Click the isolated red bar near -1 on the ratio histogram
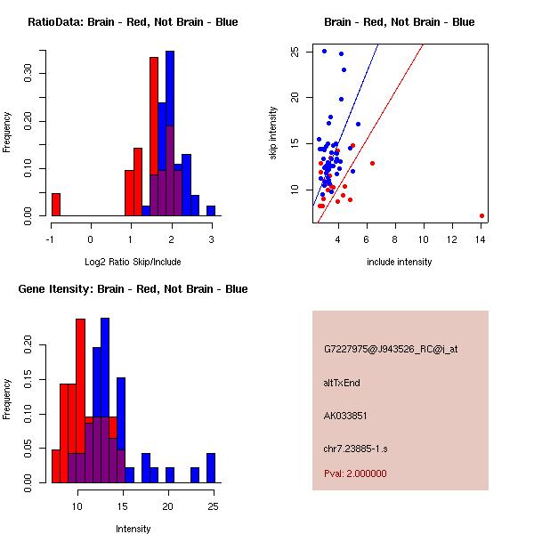tap(56, 204)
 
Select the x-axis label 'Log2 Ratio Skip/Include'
tap(133, 262)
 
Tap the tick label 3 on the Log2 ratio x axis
tap(211, 238)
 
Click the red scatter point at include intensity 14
tap(481, 215)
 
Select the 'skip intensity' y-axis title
tap(273, 133)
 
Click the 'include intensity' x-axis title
tap(400, 262)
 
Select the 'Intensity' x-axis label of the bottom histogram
tap(133, 529)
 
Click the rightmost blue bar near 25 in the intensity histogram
tap(211, 467)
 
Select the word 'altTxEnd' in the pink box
tap(342, 383)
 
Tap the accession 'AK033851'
tap(346, 416)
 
